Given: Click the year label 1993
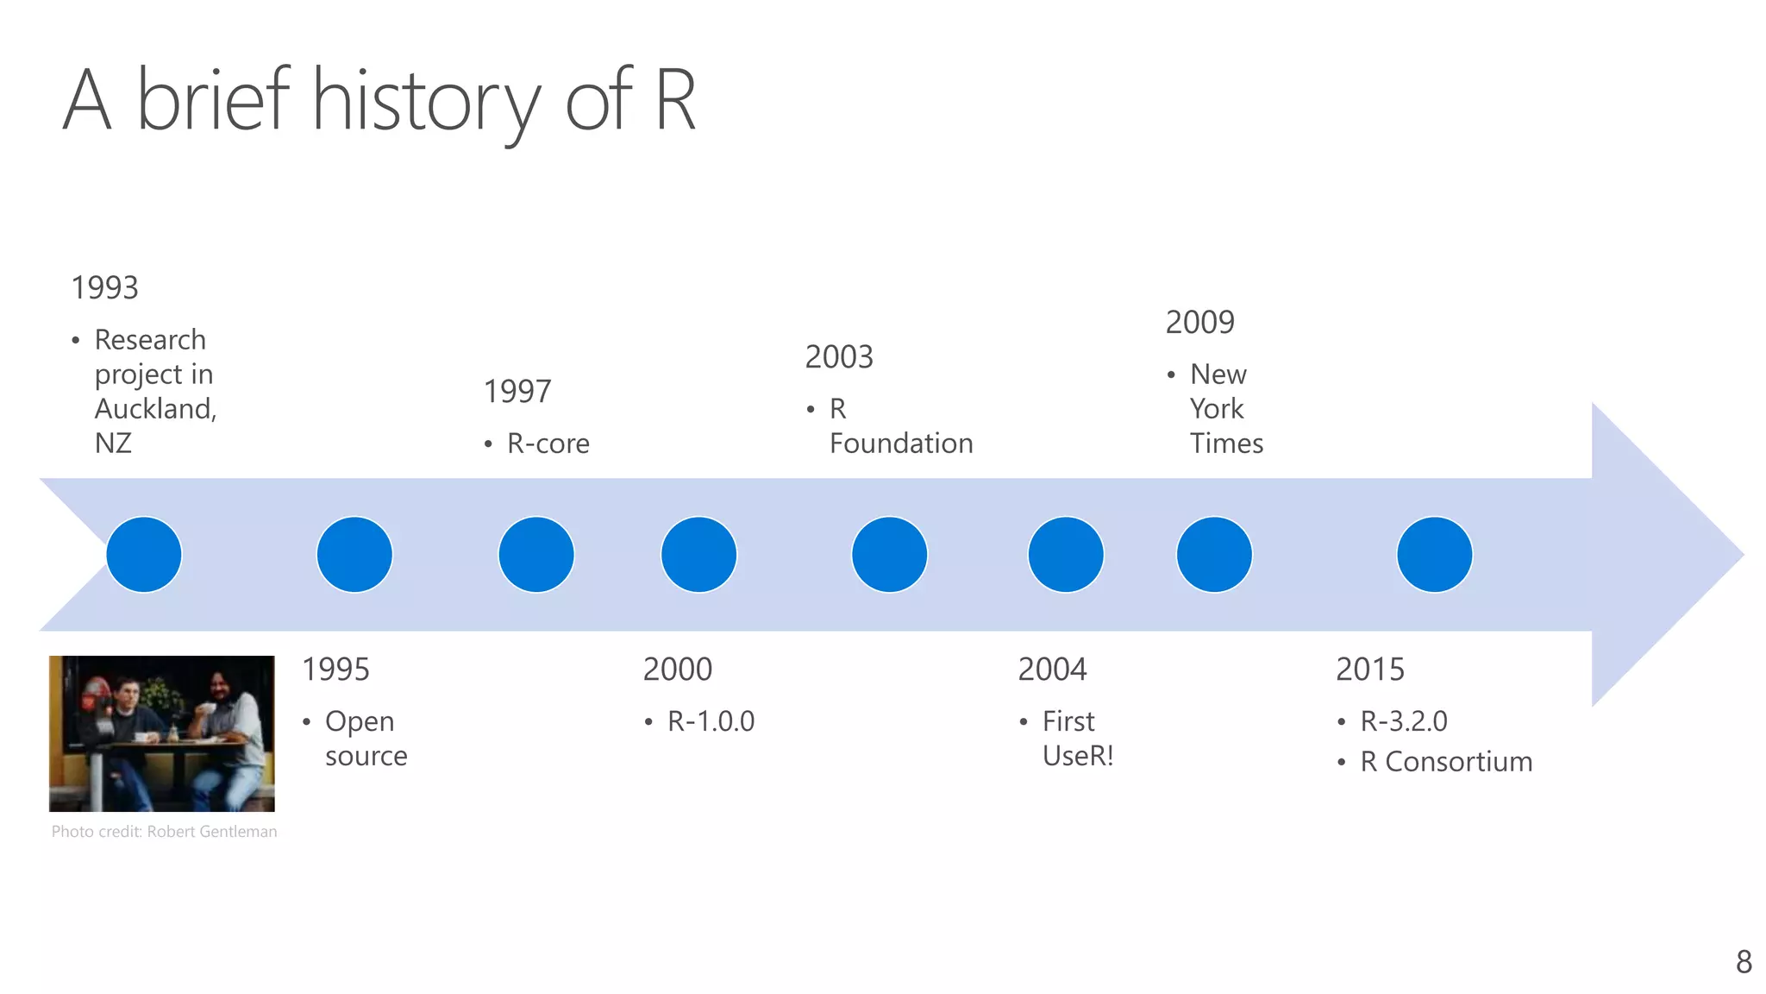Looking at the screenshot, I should click(x=104, y=288).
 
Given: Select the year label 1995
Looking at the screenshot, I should click(x=335, y=670).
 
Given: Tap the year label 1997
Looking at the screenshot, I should click(x=517, y=392).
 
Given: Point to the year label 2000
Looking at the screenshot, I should click(x=678, y=670).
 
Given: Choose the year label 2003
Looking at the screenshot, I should click(x=839, y=357).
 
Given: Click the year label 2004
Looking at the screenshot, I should click(x=1052, y=670).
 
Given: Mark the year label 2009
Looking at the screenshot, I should click(x=1200, y=323).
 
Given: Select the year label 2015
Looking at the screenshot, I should click(x=1370, y=670).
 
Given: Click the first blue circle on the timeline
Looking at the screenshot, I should click(x=144, y=555).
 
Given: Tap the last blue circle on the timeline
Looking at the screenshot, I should click(x=1434, y=555).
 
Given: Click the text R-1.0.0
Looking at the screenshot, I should click(x=711, y=721).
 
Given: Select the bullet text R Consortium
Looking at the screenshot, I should click(x=1446, y=762).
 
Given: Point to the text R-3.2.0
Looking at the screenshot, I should click(x=1404, y=721).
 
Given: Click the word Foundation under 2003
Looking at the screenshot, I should click(x=901, y=444).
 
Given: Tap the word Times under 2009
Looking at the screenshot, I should click(x=1226, y=444).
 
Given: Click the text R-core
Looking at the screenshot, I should click(x=548, y=444).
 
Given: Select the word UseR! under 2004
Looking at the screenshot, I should click(x=1078, y=756).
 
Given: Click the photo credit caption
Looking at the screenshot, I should click(x=164, y=832).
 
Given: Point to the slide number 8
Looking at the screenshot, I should click(x=1744, y=961).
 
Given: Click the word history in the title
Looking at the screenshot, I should click(x=426, y=102).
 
